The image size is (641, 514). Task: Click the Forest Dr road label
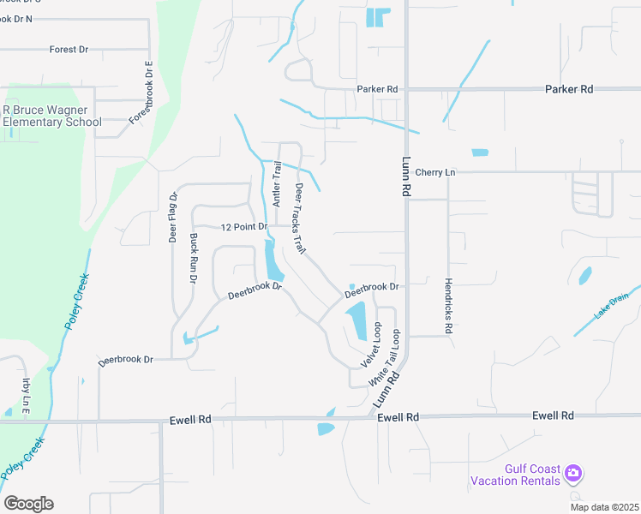click(69, 50)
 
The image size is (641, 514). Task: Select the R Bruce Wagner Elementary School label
click(51, 116)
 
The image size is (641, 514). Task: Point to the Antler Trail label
click(277, 183)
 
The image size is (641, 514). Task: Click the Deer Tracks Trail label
click(301, 216)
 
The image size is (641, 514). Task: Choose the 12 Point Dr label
click(244, 228)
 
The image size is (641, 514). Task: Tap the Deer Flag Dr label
click(172, 218)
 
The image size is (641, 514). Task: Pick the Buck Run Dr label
click(194, 260)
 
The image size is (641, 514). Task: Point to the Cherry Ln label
click(435, 172)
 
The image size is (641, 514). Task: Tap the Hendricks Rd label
click(447, 305)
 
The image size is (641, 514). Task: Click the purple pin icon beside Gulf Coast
click(573, 472)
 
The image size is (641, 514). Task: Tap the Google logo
click(28, 504)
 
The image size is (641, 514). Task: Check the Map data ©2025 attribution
click(604, 507)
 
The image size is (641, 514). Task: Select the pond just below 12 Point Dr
click(273, 260)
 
